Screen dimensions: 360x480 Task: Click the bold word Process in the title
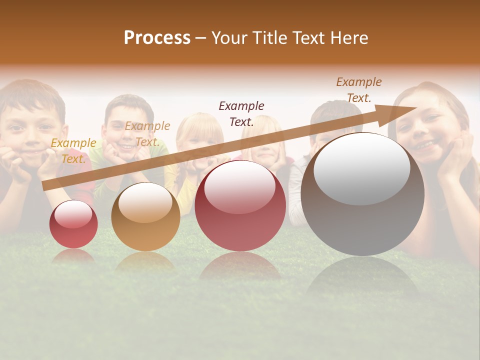pyautogui.click(x=157, y=38)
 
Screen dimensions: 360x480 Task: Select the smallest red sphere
pyautogui.click(x=73, y=224)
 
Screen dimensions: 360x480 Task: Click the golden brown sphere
pyautogui.click(x=145, y=216)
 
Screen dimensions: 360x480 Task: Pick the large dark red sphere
pyautogui.click(x=240, y=205)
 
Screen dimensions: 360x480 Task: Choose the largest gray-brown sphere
pyautogui.click(x=362, y=194)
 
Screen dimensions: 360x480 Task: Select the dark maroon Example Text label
pyautogui.click(x=241, y=113)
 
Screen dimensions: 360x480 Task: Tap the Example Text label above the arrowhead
pyautogui.click(x=358, y=90)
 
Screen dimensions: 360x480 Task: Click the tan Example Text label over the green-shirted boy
pyautogui.click(x=147, y=134)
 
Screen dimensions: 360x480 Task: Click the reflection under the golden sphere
pyautogui.click(x=145, y=261)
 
